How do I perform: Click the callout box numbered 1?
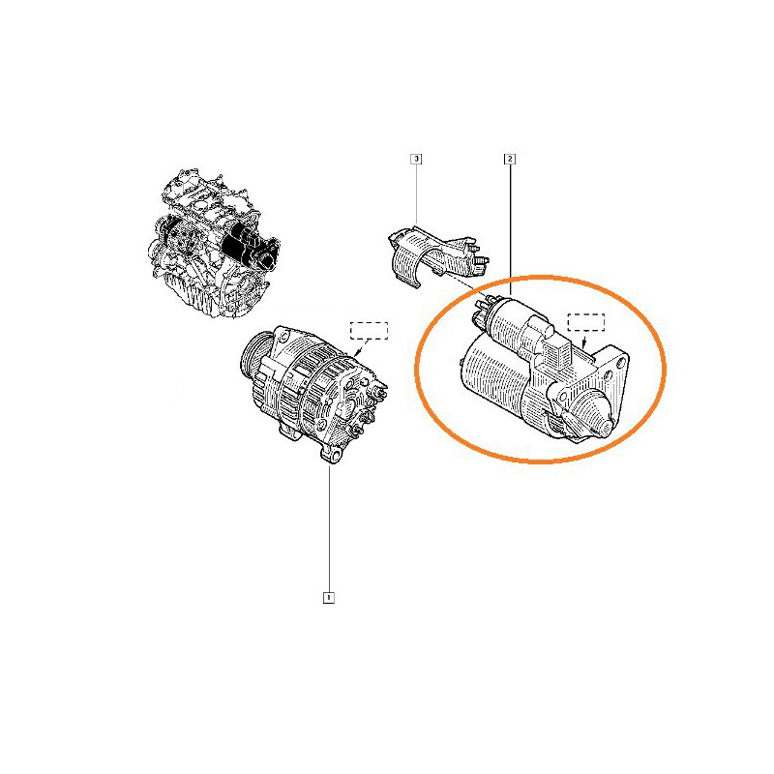[x=328, y=597]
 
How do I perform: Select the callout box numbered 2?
[x=510, y=159]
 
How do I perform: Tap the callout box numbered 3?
[x=417, y=159]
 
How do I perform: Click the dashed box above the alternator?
[x=369, y=331]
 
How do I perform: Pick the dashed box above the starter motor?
[x=586, y=322]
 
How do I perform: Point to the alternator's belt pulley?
[x=254, y=354]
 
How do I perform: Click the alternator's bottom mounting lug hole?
[x=335, y=455]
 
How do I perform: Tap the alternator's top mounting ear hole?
[x=284, y=337]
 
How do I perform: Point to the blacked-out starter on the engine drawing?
[x=250, y=246]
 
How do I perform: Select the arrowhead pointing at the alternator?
[x=358, y=353]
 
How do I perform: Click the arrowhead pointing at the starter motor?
[x=584, y=344]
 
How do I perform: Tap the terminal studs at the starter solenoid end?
[x=481, y=310]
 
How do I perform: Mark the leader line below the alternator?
[x=329, y=527]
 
